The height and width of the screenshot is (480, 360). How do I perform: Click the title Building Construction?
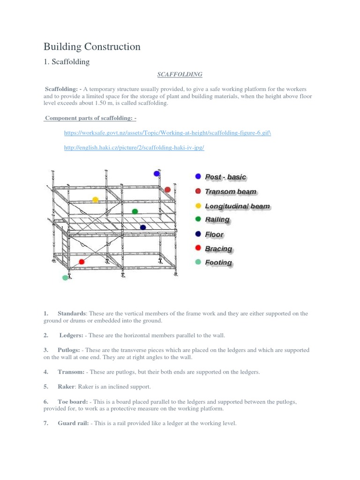92,46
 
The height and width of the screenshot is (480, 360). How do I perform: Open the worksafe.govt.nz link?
167,133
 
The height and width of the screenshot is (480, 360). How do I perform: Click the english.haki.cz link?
134,148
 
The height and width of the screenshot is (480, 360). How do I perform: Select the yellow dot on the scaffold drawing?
96,200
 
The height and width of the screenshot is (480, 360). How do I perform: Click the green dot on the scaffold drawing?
135,211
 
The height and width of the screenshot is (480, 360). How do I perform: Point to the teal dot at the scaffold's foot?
65,277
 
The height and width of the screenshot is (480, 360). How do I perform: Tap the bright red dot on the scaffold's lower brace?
82,262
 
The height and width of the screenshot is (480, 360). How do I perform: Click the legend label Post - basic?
225,177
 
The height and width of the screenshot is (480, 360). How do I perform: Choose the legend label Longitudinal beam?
237,206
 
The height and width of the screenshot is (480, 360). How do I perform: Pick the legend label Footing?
218,262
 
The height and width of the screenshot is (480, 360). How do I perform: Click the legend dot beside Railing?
198,219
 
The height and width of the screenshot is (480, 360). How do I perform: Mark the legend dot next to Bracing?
198,248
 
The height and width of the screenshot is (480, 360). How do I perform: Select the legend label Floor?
214,234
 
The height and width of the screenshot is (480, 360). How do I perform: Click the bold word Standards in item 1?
72,313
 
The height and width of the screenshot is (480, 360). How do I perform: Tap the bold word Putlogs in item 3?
69,350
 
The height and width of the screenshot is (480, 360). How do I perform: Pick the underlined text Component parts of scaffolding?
90,118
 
